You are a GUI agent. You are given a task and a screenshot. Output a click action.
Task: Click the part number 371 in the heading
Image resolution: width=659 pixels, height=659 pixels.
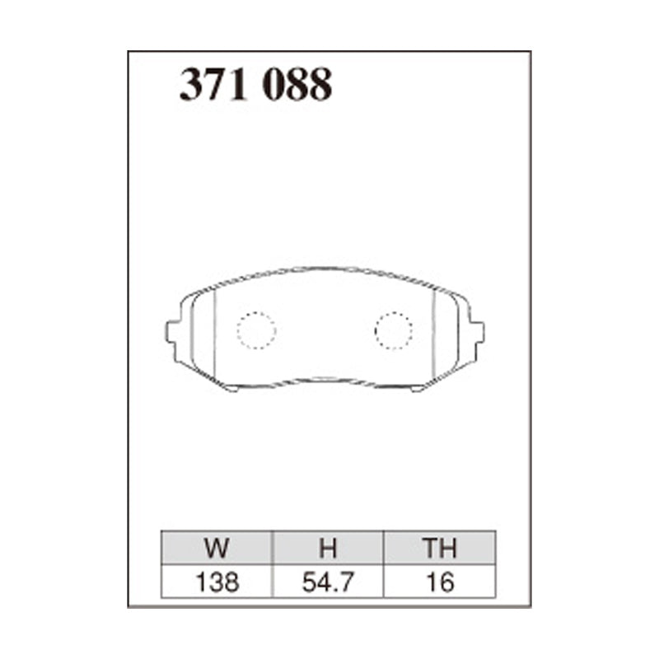(213, 84)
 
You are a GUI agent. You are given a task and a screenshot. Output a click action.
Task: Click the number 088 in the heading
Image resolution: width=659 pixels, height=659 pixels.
(297, 84)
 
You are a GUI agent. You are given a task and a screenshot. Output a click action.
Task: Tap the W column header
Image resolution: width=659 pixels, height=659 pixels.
(217, 548)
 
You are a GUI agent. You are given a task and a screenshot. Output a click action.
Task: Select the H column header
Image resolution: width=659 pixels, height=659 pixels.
(328, 548)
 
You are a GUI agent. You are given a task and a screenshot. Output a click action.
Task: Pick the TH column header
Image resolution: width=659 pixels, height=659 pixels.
(440, 548)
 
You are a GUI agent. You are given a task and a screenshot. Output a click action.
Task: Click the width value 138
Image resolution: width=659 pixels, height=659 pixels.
(217, 582)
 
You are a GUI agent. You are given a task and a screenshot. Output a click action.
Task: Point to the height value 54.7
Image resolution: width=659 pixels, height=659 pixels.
(328, 582)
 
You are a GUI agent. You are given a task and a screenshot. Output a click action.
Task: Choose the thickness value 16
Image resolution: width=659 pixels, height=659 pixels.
(440, 582)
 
